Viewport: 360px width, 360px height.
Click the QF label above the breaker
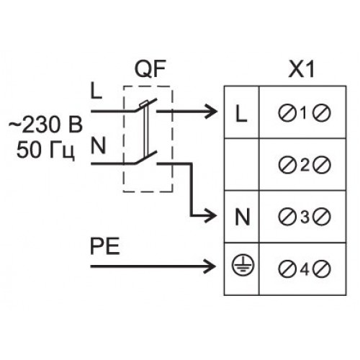tap(150, 69)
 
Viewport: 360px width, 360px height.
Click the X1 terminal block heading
tap(302, 70)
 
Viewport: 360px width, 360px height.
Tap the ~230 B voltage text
tap(46, 125)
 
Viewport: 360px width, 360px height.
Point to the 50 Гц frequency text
tap(45, 150)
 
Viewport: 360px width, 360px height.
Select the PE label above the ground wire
tap(105, 246)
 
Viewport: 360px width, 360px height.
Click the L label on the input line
tap(96, 91)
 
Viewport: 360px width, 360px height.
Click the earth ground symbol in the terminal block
tap(243, 264)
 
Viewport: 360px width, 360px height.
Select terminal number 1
tap(304, 113)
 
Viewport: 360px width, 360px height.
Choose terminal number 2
tap(305, 165)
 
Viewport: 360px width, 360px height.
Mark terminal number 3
tap(305, 217)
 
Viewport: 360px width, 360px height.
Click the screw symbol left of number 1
tap(287, 113)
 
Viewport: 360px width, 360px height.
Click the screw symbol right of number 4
tap(322, 269)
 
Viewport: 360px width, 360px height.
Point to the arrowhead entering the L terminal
tap(211, 112)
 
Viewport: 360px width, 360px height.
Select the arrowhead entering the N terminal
tap(210, 216)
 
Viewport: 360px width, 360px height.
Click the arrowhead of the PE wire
tap(210, 266)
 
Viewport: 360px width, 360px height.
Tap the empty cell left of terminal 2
tap(242, 165)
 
